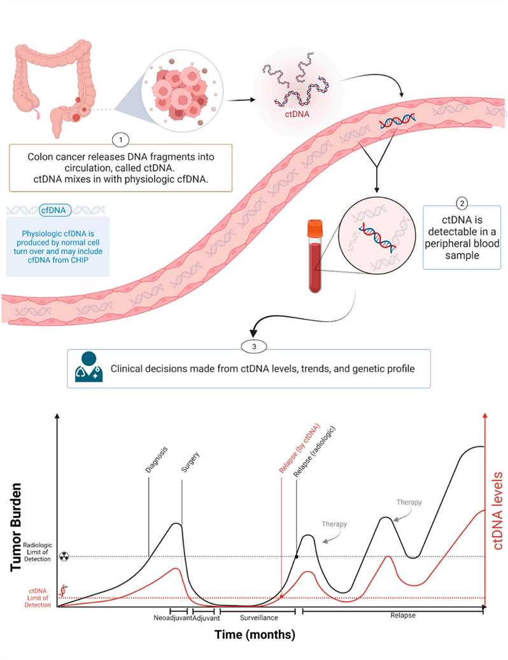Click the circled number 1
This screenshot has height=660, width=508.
click(x=120, y=138)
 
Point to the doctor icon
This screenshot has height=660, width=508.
click(x=88, y=368)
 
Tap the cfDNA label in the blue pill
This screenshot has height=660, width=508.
click(x=56, y=208)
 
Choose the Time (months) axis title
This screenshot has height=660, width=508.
click(x=254, y=635)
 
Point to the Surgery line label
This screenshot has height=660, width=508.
click(x=185, y=463)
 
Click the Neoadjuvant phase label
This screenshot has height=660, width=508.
click(x=173, y=617)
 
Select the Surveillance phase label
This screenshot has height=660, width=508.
click(x=258, y=617)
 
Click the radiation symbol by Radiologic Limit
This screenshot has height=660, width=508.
click(x=63, y=556)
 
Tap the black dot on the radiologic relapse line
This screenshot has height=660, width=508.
click(x=296, y=557)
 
